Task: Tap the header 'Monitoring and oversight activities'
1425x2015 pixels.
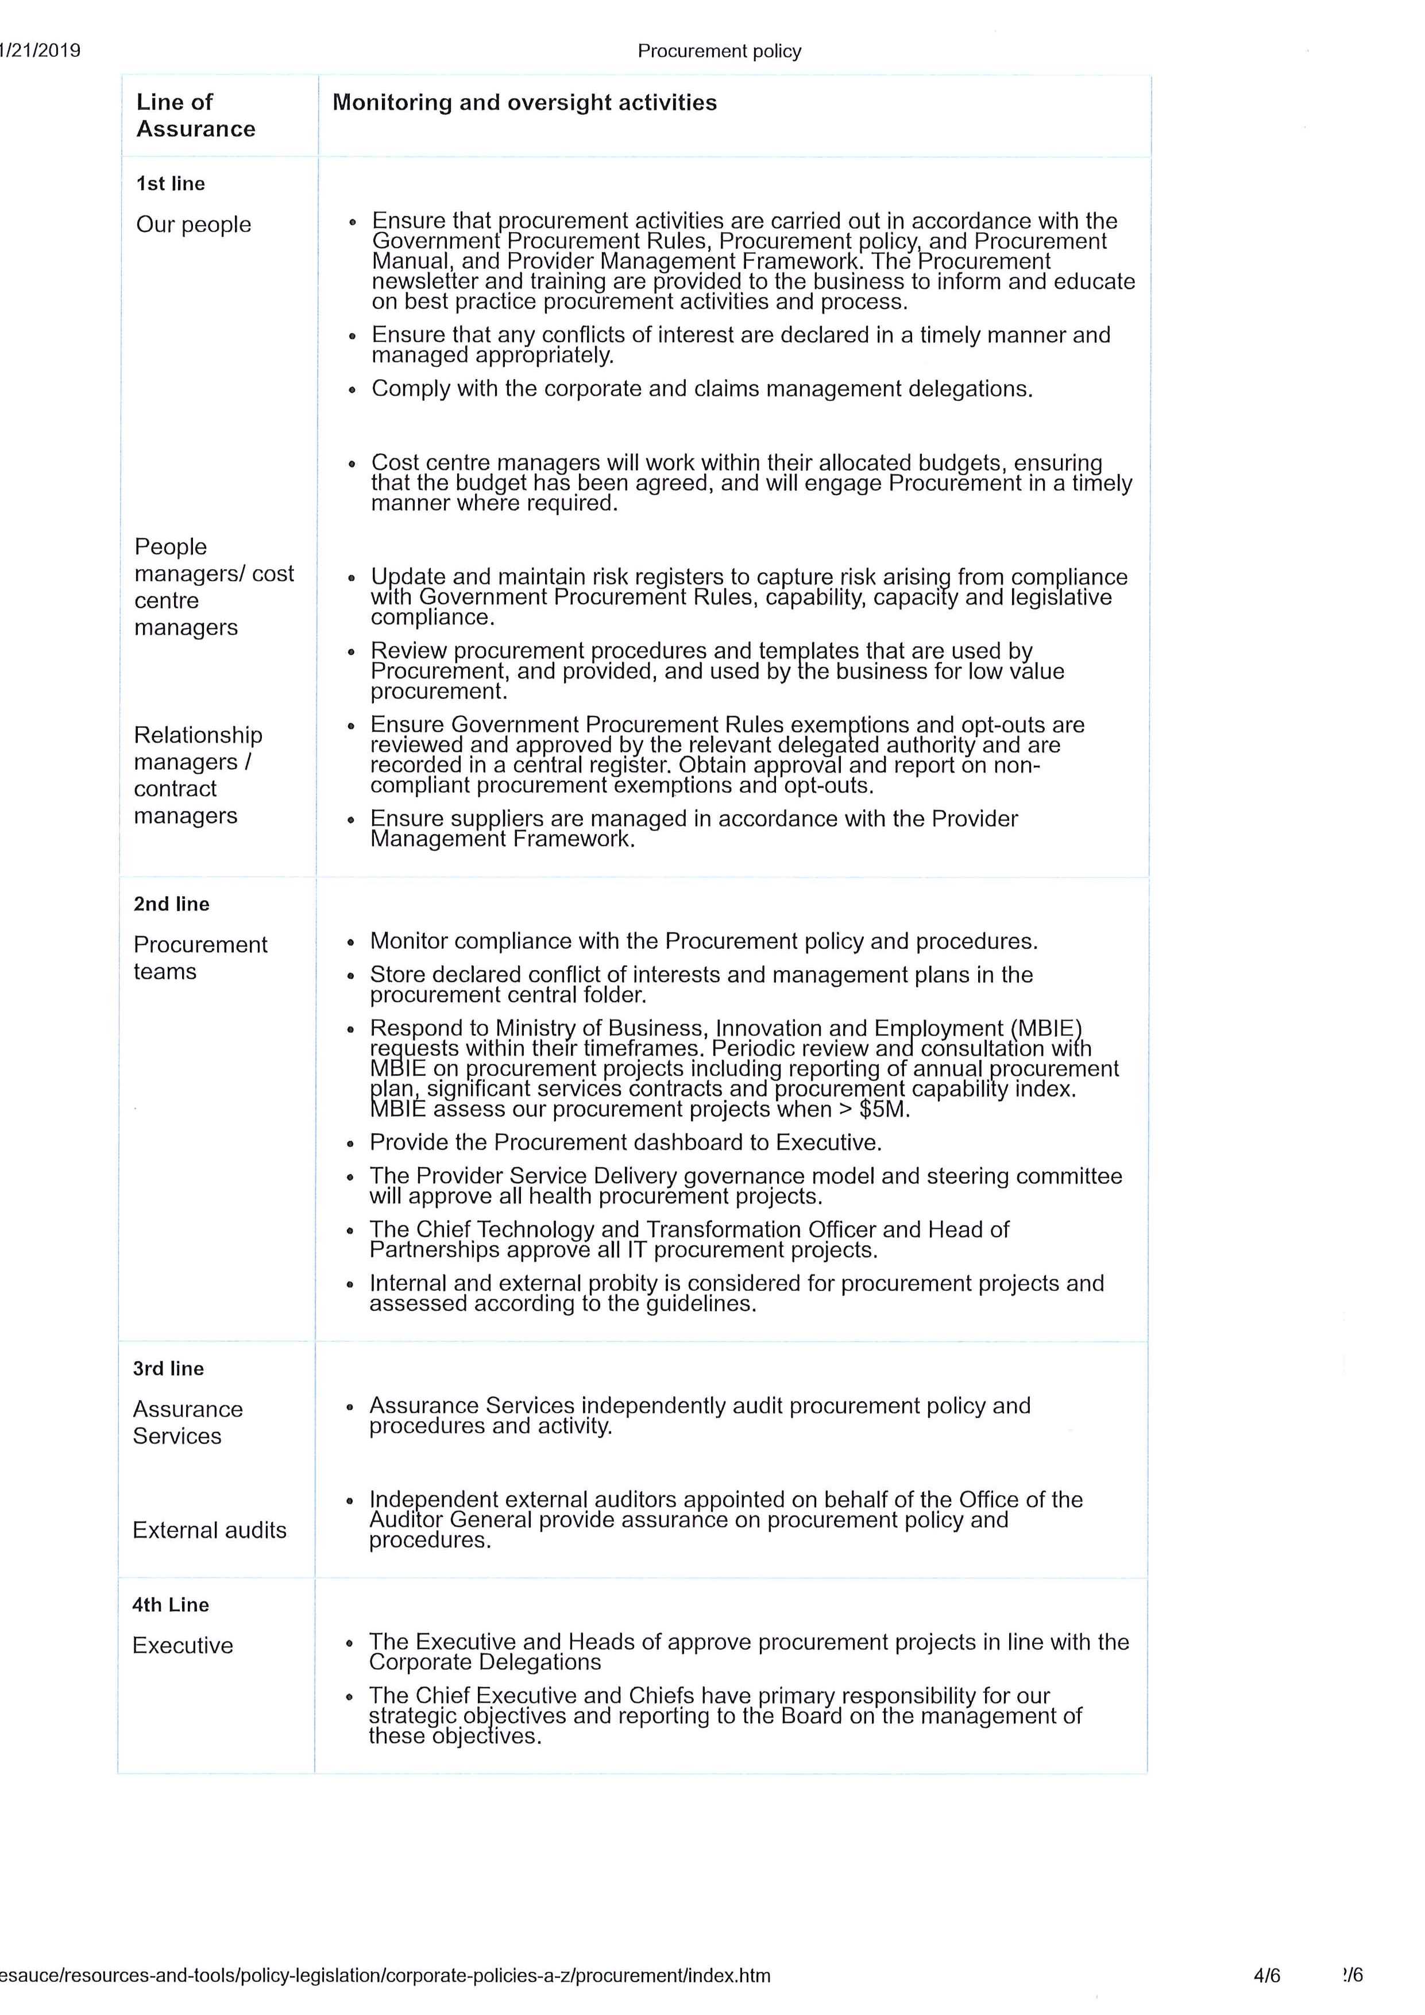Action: point(524,103)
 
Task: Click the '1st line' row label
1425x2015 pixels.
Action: point(170,183)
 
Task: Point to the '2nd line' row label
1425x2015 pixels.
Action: point(171,904)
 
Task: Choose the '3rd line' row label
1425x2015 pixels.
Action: point(168,1368)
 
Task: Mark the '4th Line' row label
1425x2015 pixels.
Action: point(170,1604)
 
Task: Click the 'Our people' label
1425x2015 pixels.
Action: point(193,225)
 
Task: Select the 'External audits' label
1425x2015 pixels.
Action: point(209,1530)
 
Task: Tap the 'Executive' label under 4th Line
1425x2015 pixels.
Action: point(183,1646)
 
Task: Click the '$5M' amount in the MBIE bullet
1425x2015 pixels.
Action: point(883,1109)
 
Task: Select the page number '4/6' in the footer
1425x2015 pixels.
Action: point(1266,1975)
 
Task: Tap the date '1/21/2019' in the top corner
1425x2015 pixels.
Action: point(40,50)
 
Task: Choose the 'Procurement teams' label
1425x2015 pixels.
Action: point(200,958)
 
